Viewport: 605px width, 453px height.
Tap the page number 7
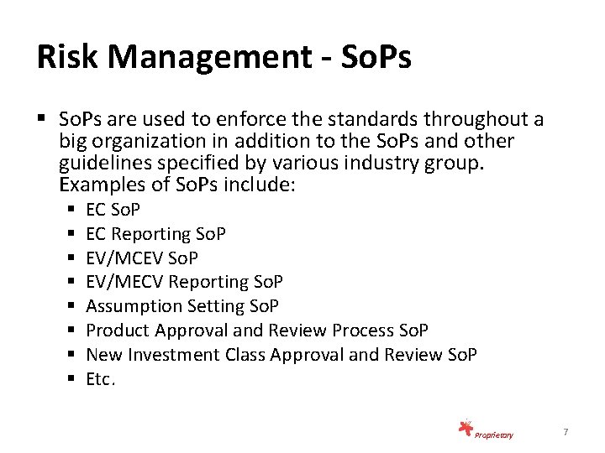(x=566, y=432)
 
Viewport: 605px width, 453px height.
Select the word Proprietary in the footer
(x=494, y=435)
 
